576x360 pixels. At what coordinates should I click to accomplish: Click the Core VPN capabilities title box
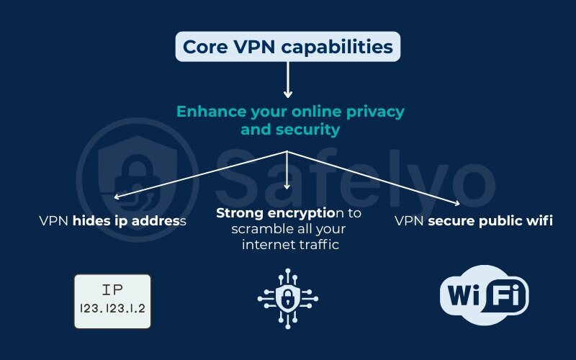288,48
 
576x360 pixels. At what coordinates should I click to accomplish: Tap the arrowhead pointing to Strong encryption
288,185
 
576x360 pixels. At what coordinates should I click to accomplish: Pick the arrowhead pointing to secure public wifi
456,204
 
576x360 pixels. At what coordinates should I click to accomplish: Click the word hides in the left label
91,221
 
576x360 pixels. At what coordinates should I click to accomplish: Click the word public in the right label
496,221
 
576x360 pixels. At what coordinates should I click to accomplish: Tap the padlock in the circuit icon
288,297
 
